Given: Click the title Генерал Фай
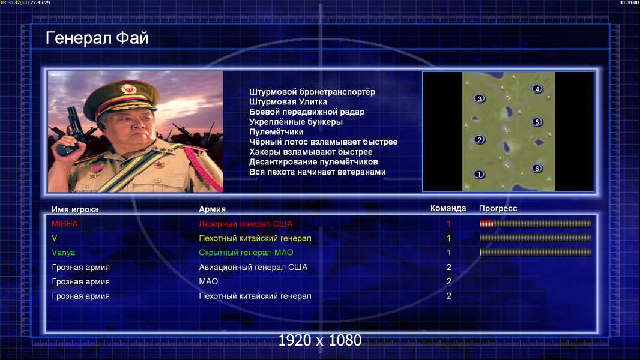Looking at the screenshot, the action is pyautogui.click(x=97, y=38).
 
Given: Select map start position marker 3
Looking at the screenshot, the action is pyautogui.click(x=480, y=98).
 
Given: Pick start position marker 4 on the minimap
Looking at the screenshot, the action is pyautogui.click(x=537, y=88).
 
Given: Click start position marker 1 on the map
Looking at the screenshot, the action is pyautogui.click(x=478, y=174).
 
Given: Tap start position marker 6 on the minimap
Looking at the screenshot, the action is pyautogui.click(x=537, y=168).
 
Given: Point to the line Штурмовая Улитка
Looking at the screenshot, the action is pyautogui.click(x=288, y=102).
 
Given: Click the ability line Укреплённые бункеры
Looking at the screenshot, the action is pyautogui.click(x=296, y=122).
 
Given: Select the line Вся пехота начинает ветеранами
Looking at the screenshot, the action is pyautogui.click(x=317, y=172).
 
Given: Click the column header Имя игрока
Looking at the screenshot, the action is pyautogui.click(x=74, y=209).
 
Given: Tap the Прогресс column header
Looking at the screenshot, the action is pyautogui.click(x=498, y=208).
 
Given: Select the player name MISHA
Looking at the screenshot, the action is pyautogui.click(x=64, y=224).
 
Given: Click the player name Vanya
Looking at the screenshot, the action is pyautogui.click(x=63, y=253).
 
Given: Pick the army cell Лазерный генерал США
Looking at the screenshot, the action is pyautogui.click(x=246, y=224).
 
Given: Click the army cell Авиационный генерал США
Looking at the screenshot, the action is pyautogui.click(x=253, y=267).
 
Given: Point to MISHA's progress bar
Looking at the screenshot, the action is pyautogui.click(x=536, y=223).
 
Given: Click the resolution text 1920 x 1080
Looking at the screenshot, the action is pyautogui.click(x=319, y=340).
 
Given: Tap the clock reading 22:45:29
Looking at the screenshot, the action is pyautogui.click(x=40, y=2).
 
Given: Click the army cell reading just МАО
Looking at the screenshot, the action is pyautogui.click(x=208, y=282).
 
